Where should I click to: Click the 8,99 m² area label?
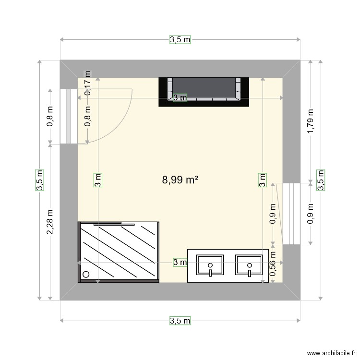pyautogui.click(x=180, y=180)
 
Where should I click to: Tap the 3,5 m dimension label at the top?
pyautogui.click(x=180, y=40)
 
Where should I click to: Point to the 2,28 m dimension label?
pyautogui.click(x=49, y=222)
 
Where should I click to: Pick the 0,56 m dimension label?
pyautogui.click(x=272, y=265)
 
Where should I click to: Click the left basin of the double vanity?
pyautogui.click(x=210, y=265)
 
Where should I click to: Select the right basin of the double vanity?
pyautogui.click(x=249, y=265)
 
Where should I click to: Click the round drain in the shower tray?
pyautogui.click(x=86, y=275)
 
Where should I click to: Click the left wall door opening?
pyautogui.click(x=69, y=116)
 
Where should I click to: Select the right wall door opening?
pyautogui.click(x=291, y=214)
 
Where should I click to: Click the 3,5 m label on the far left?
pyautogui.click(x=39, y=180)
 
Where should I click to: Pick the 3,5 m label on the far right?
pyautogui.click(x=320, y=180)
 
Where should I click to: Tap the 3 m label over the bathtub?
pyautogui.click(x=180, y=98)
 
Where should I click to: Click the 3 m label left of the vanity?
pyautogui.click(x=180, y=262)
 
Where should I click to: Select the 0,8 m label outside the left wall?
pyautogui.click(x=49, y=116)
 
